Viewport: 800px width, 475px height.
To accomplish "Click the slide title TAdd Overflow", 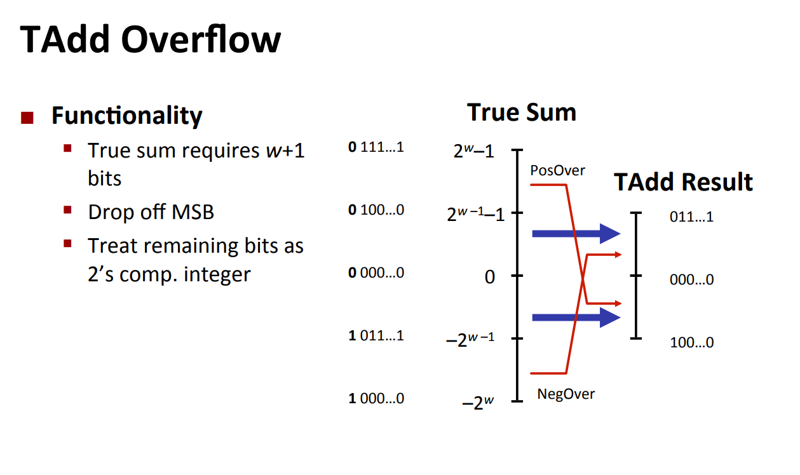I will (151, 39).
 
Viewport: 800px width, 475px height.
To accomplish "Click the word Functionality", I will (126, 116).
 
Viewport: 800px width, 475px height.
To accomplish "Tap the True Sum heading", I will (521, 112).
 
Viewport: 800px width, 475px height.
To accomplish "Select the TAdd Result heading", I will (683, 182).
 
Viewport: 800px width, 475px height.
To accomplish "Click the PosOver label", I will (557, 170).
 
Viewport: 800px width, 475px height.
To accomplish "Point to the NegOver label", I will (566, 394).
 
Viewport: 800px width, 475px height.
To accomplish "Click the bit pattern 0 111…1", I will (376, 148).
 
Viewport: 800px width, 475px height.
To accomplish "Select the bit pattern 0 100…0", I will (376, 210).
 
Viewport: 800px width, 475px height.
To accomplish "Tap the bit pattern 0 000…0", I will (376, 273).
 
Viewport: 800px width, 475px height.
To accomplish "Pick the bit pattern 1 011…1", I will (376, 335).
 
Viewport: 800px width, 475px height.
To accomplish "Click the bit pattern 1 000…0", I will (376, 398).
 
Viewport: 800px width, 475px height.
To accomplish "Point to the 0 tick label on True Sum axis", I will (489, 277).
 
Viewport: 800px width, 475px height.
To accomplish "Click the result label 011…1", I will (691, 217).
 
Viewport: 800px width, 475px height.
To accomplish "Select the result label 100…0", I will (691, 343).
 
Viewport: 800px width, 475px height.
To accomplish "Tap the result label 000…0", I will (691, 279).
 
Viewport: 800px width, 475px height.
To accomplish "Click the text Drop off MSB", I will (151, 211).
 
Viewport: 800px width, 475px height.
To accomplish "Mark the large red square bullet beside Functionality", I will (27, 117).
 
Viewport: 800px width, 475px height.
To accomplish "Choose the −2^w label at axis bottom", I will (477, 403).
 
